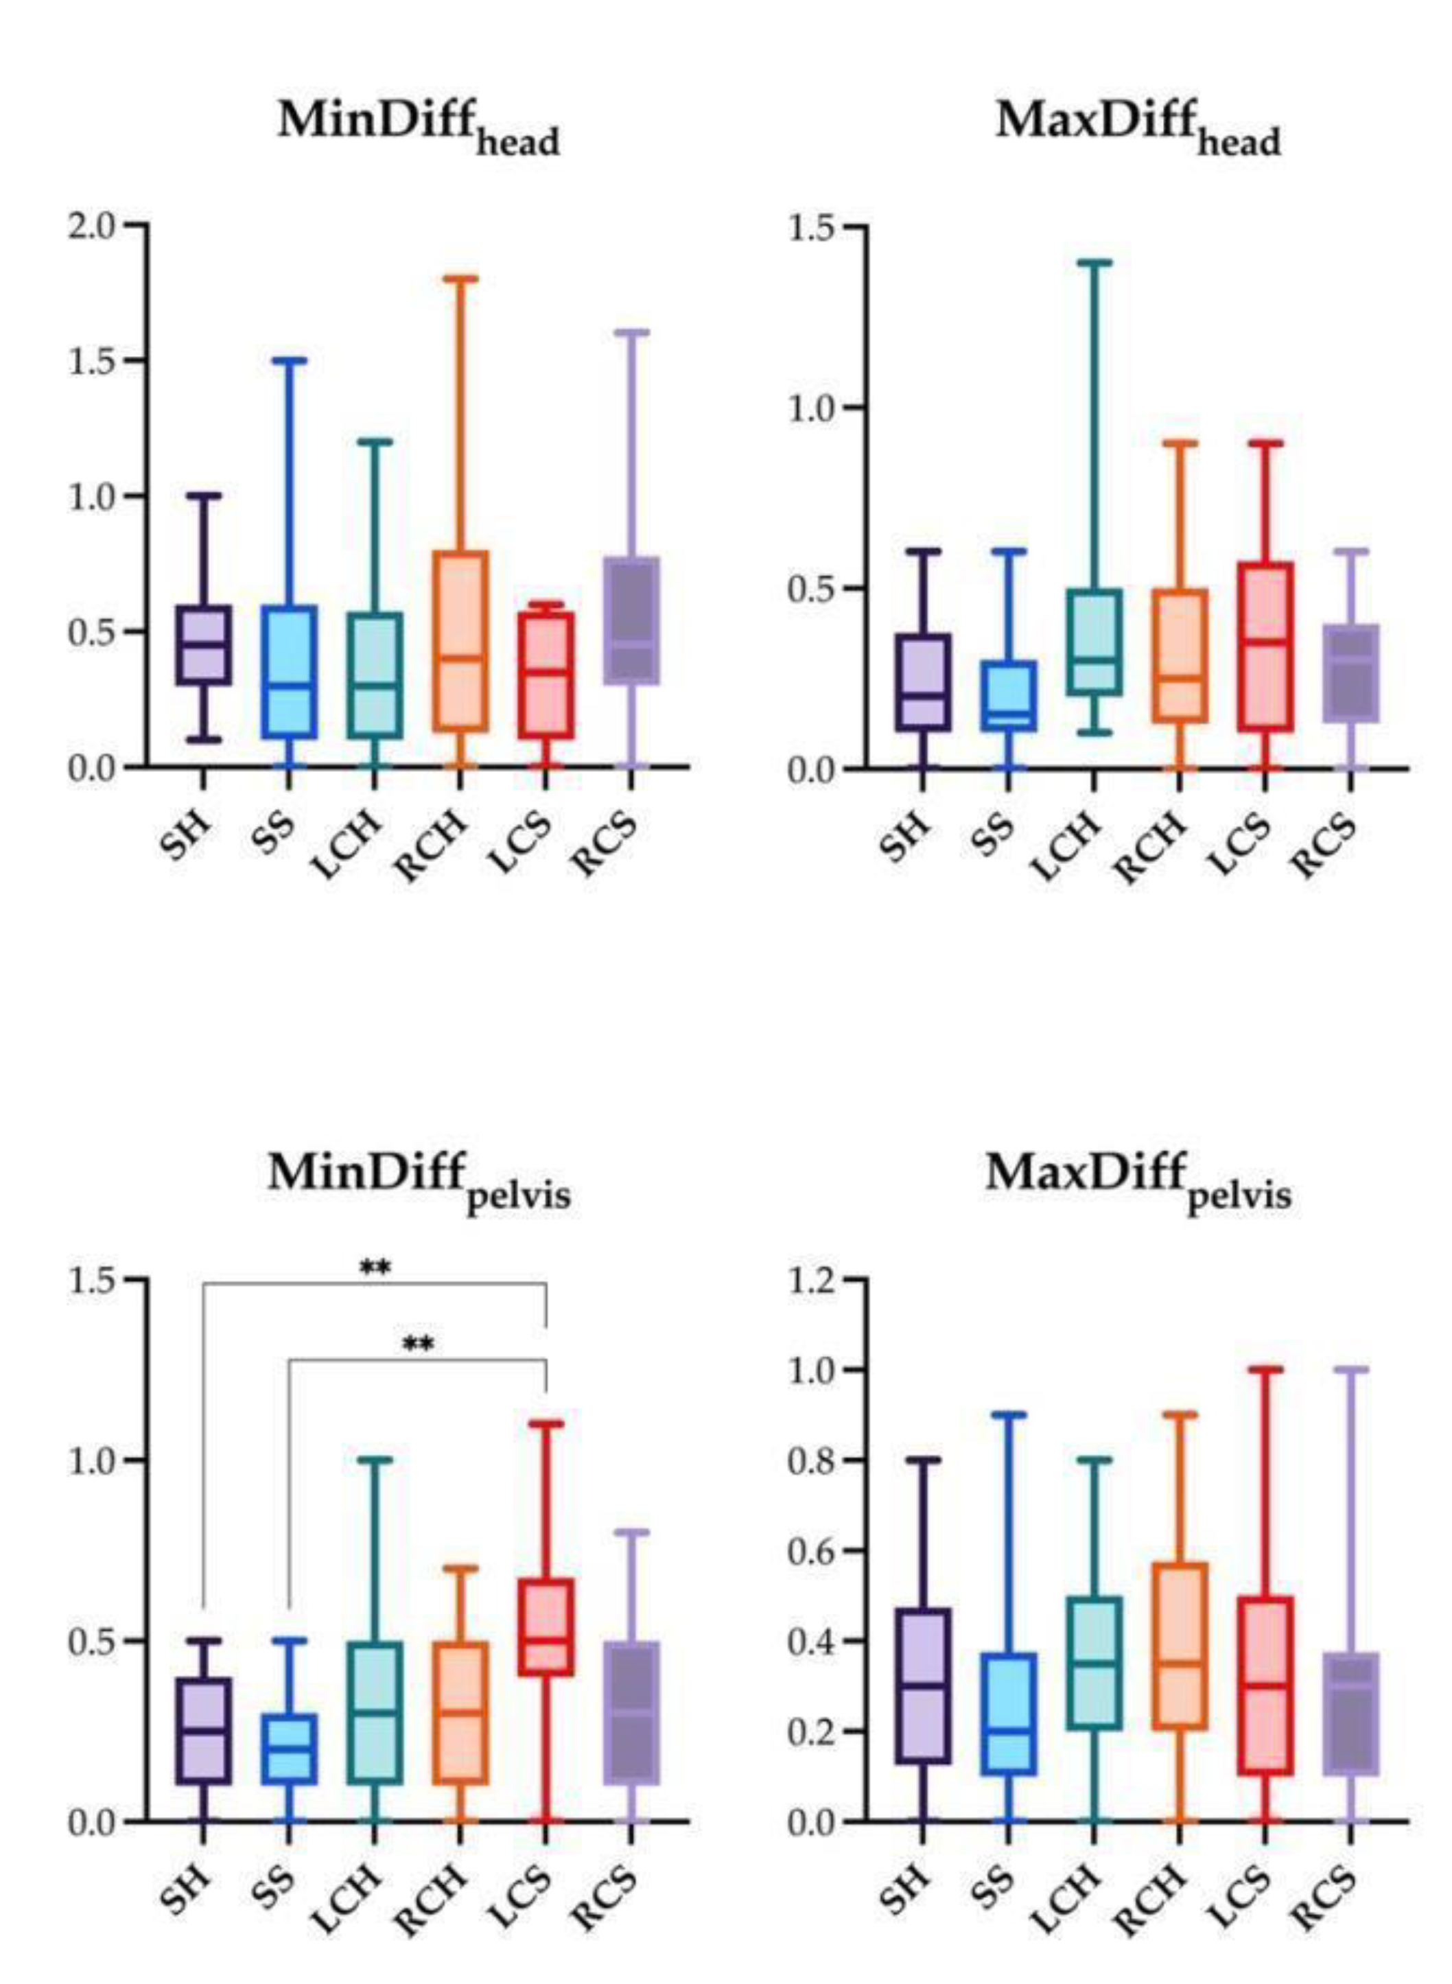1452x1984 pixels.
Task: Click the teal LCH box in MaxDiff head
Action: (x=1093, y=642)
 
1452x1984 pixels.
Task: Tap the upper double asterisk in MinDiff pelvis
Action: (x=375, y=1268)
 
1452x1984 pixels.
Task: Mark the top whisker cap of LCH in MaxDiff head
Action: (x=1093, y=262)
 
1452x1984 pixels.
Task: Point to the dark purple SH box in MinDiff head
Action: (x=203, y=644)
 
